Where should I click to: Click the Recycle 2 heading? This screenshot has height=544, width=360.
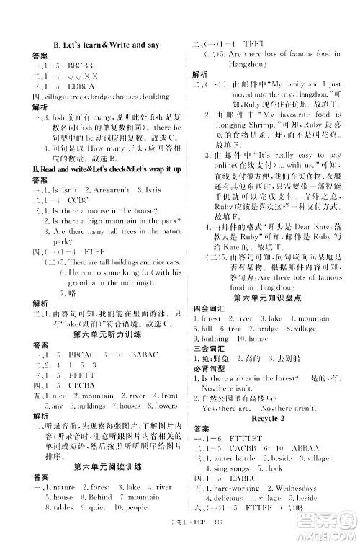(x=266, y=437)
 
